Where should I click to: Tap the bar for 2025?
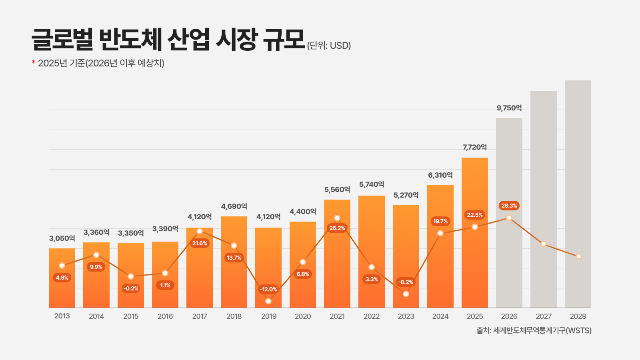475,260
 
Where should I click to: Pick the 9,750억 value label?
509,108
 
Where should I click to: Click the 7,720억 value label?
475,147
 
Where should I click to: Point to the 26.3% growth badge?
509,206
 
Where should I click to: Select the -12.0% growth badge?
268,289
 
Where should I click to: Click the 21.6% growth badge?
200,243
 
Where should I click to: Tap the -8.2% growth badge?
406,282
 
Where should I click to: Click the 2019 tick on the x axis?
269,316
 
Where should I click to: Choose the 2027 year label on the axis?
544,316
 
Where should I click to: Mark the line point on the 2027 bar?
544,244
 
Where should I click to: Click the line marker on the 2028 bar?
578,256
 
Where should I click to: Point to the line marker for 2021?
337,218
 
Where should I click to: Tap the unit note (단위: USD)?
329,46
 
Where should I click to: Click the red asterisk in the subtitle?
34,62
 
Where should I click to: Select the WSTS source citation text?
534,330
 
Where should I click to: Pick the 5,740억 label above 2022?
372,184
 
